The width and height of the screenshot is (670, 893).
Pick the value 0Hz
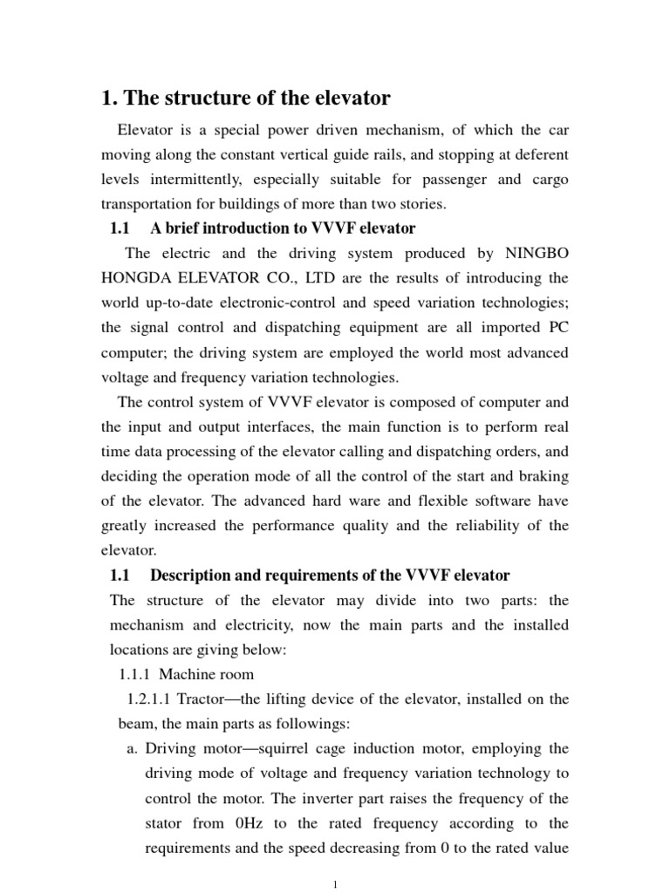(x=253, y=823)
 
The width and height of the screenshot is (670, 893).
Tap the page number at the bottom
(x=336, y=885)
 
